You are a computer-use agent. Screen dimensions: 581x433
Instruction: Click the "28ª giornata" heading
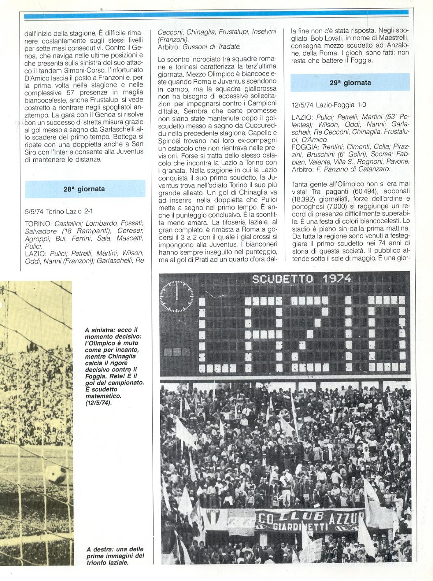[x=84, y=189]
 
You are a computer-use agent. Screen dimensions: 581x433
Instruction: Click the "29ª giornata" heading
[x=350, y=82]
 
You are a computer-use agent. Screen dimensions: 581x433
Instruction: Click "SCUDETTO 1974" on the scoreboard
[x=302, y=279]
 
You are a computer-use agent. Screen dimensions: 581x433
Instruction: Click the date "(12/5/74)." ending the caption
[x=98, y=403]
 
